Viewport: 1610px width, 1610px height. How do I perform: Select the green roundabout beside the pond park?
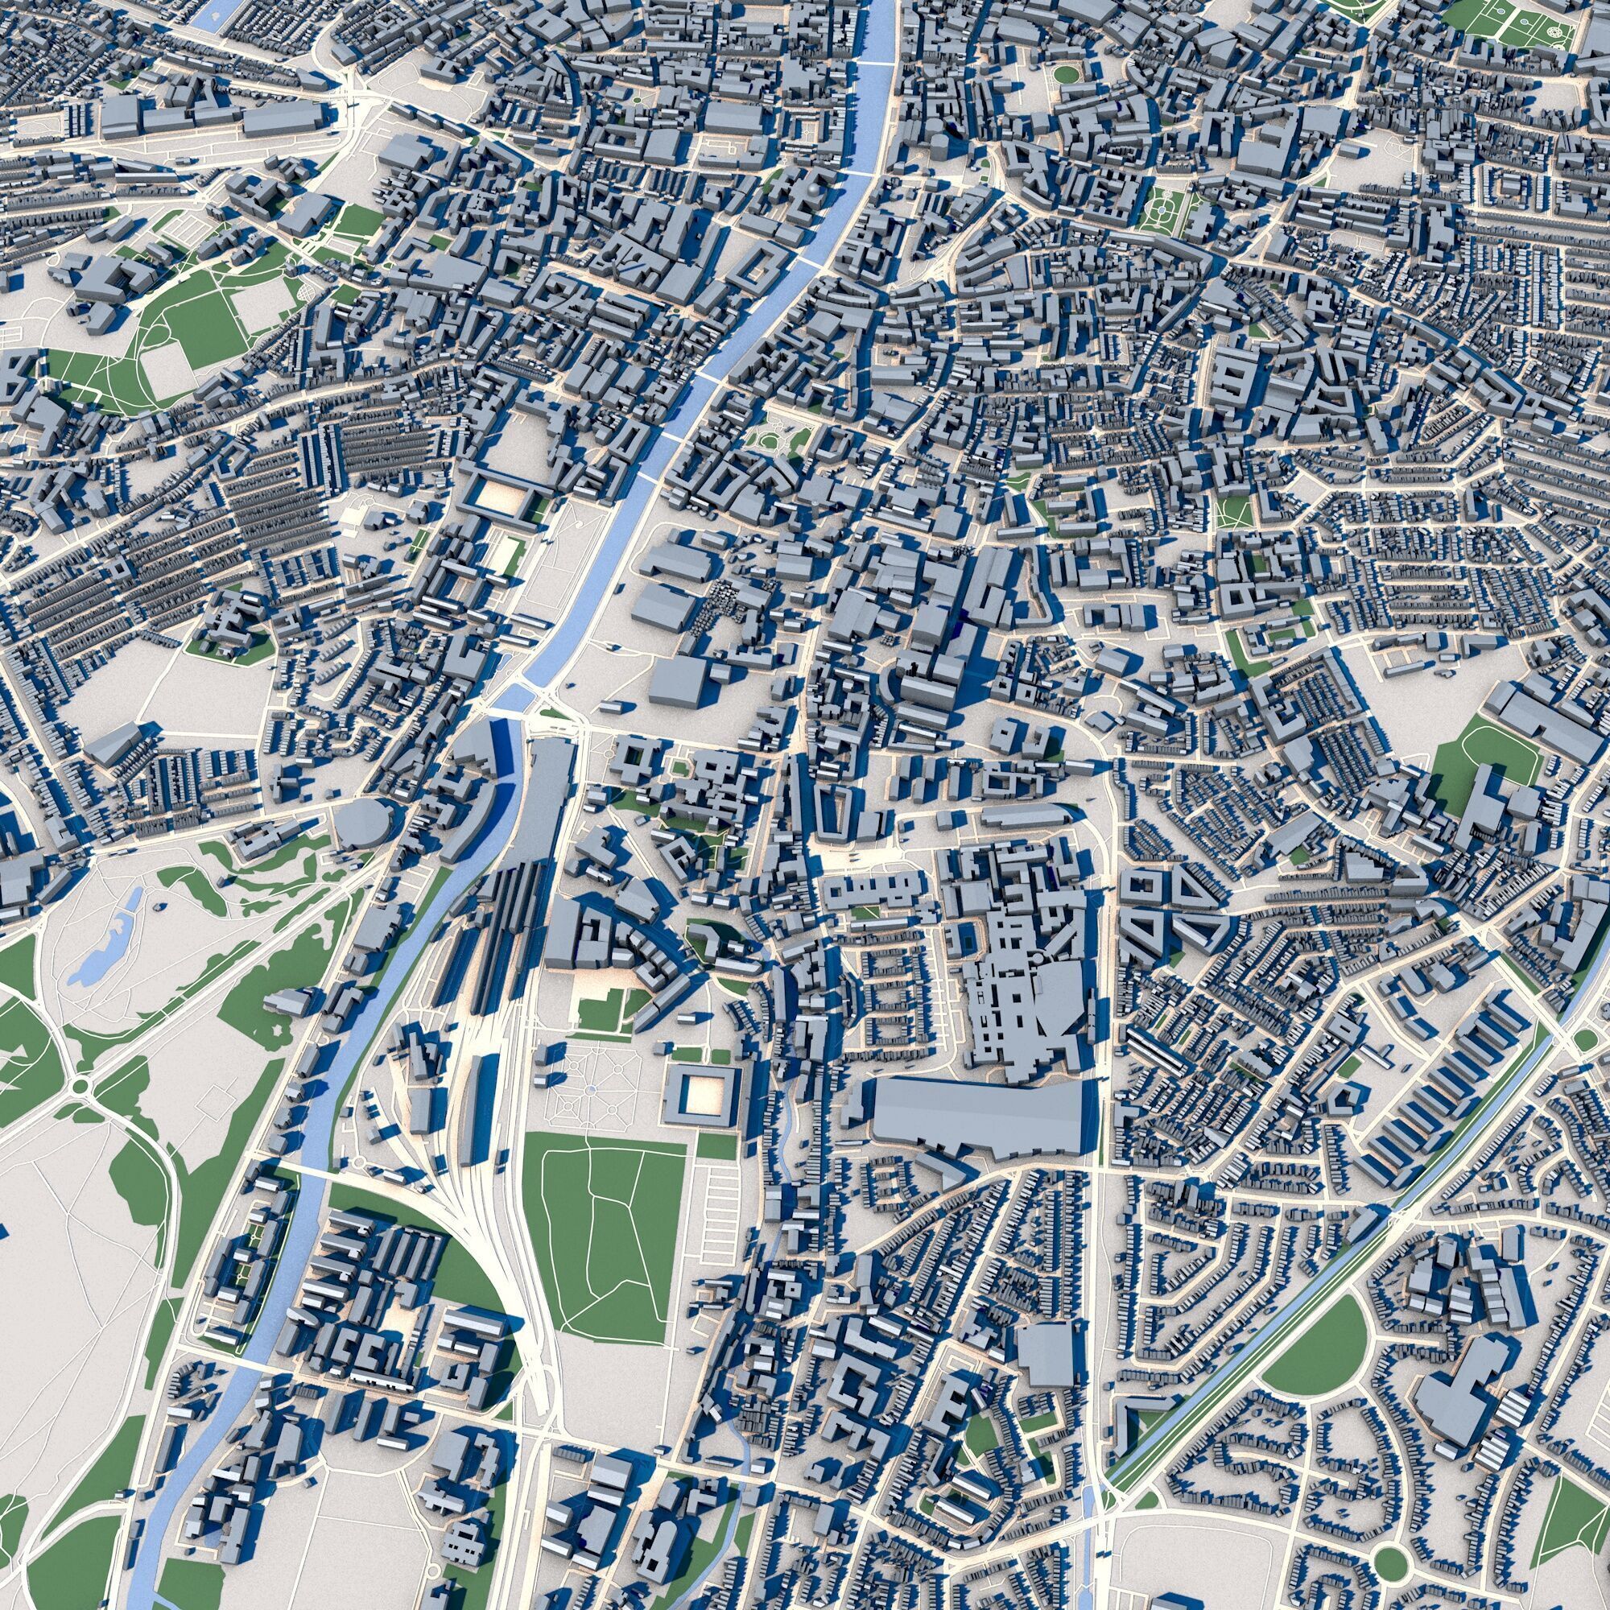tap(80, 1086)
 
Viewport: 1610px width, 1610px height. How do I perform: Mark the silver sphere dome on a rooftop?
tap(812, 193)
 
